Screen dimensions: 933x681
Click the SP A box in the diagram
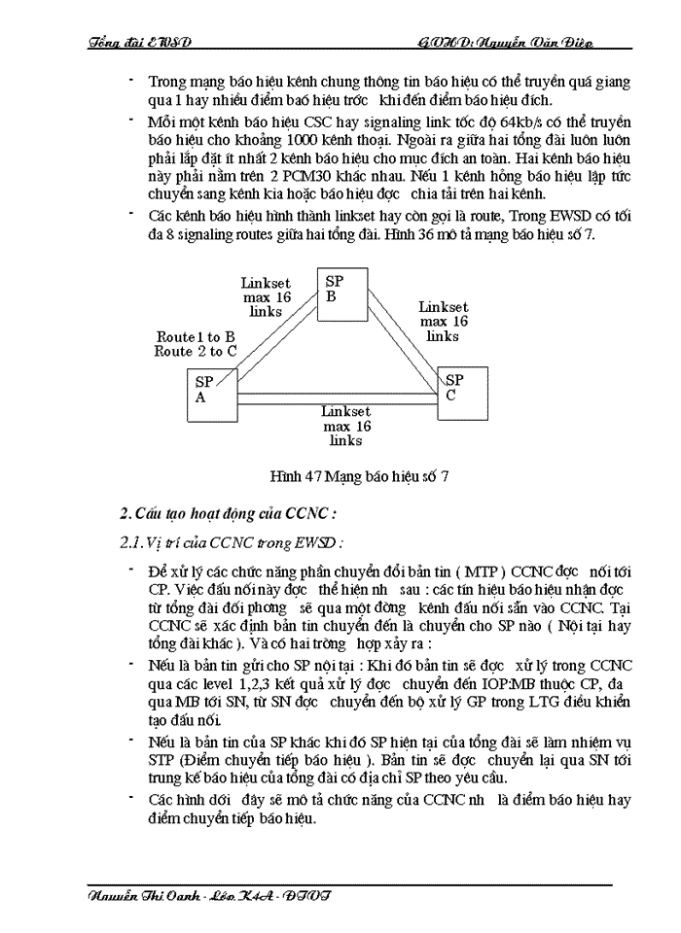pos(212,394)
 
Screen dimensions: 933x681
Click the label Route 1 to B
pos(196,337)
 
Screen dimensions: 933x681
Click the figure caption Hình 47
pos(359,476)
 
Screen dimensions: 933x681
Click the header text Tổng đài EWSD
pos(139,43)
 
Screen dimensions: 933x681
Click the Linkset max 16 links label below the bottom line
pos(345,426)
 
